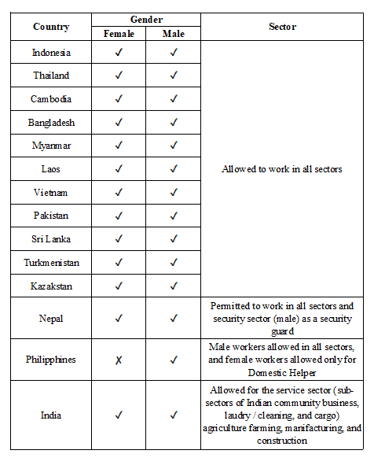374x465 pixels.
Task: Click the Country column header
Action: click(51, 27)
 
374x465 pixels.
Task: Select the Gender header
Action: click(145, 19)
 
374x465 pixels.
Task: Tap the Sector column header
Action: click(282, 27)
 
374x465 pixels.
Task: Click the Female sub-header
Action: click(119, 34)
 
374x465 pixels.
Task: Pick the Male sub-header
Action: click(173, 34)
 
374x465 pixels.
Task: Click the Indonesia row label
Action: click(51, 53)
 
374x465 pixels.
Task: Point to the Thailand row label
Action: click(51, 76)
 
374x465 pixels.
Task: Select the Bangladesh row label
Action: click(51, 123)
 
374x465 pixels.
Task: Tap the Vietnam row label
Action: click(51, 193)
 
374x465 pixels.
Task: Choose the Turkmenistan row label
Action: click(51, 263)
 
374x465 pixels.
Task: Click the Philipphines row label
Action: click(51, 360)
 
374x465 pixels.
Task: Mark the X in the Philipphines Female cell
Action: click(119, 360)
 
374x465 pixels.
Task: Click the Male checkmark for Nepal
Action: click(173, 319)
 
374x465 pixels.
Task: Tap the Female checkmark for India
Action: click(119, 415)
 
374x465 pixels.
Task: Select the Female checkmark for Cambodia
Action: click(119, 99)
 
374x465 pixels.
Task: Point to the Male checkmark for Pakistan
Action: click(173, 216)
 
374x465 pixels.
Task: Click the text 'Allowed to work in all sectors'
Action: click(282, 169)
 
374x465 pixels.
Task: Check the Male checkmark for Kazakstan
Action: click(173, 286)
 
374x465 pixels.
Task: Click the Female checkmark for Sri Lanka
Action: click(119, 239)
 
